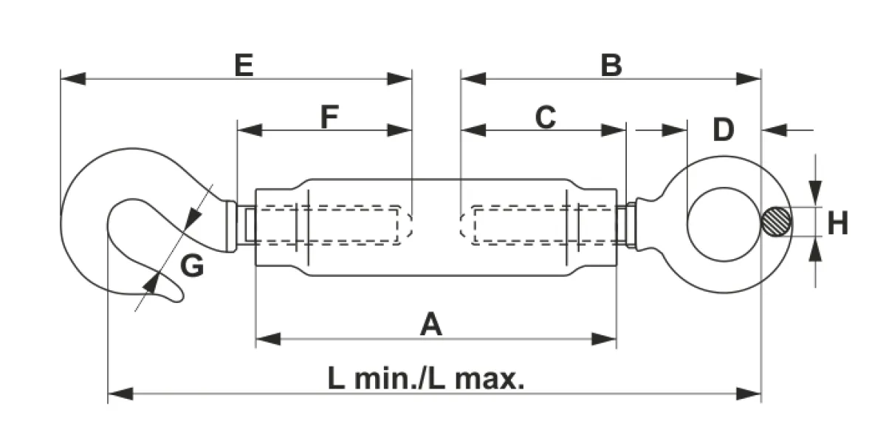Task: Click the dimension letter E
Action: [244, 65]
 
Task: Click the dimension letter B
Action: [611, 65]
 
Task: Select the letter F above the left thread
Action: [329, 117]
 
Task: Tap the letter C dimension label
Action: [546, 117]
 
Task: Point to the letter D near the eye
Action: [724, 129]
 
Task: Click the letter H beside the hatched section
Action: [838, 223]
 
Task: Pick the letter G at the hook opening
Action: [192, 266]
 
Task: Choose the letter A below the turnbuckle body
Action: [431, 324]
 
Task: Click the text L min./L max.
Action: [426, 379]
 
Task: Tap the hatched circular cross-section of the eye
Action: [776, 222]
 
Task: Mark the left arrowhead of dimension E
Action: [73, 79]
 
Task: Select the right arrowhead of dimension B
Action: [749, 79]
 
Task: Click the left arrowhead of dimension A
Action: [269, 339]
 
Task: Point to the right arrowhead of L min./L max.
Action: [749, 394]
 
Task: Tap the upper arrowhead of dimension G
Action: [193, 218]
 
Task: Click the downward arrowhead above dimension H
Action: [815, 193]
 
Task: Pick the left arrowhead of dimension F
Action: [250, 130]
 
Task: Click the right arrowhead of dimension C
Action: [614, 130]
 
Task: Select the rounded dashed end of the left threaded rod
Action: [408, 225]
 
